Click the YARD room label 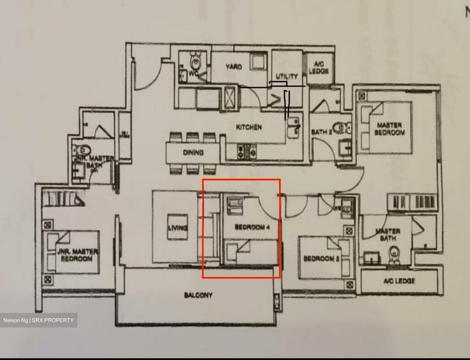pyautogui.click(x=234, y=67)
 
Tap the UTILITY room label pyautogui.click(x=287, y=76)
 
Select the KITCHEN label pyautogui.click(x=249, y=127)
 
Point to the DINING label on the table pyautogui.click(x=193, y=152)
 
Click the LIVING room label pyautogui.click(x=178, y=228)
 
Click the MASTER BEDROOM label pyautogui.click(x=389, y=129)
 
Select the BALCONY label pyautogui.click(x=198, y=295)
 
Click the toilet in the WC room pyautogui.click(x=196, y=61)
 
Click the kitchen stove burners pyautogui.click(x=247, y=151)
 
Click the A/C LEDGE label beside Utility pyautogui.click(x=319, y=68)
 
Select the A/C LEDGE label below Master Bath pyautogui.click(x=399, y=281)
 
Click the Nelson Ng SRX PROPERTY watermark pyautogui.click(x=39, y=320)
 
